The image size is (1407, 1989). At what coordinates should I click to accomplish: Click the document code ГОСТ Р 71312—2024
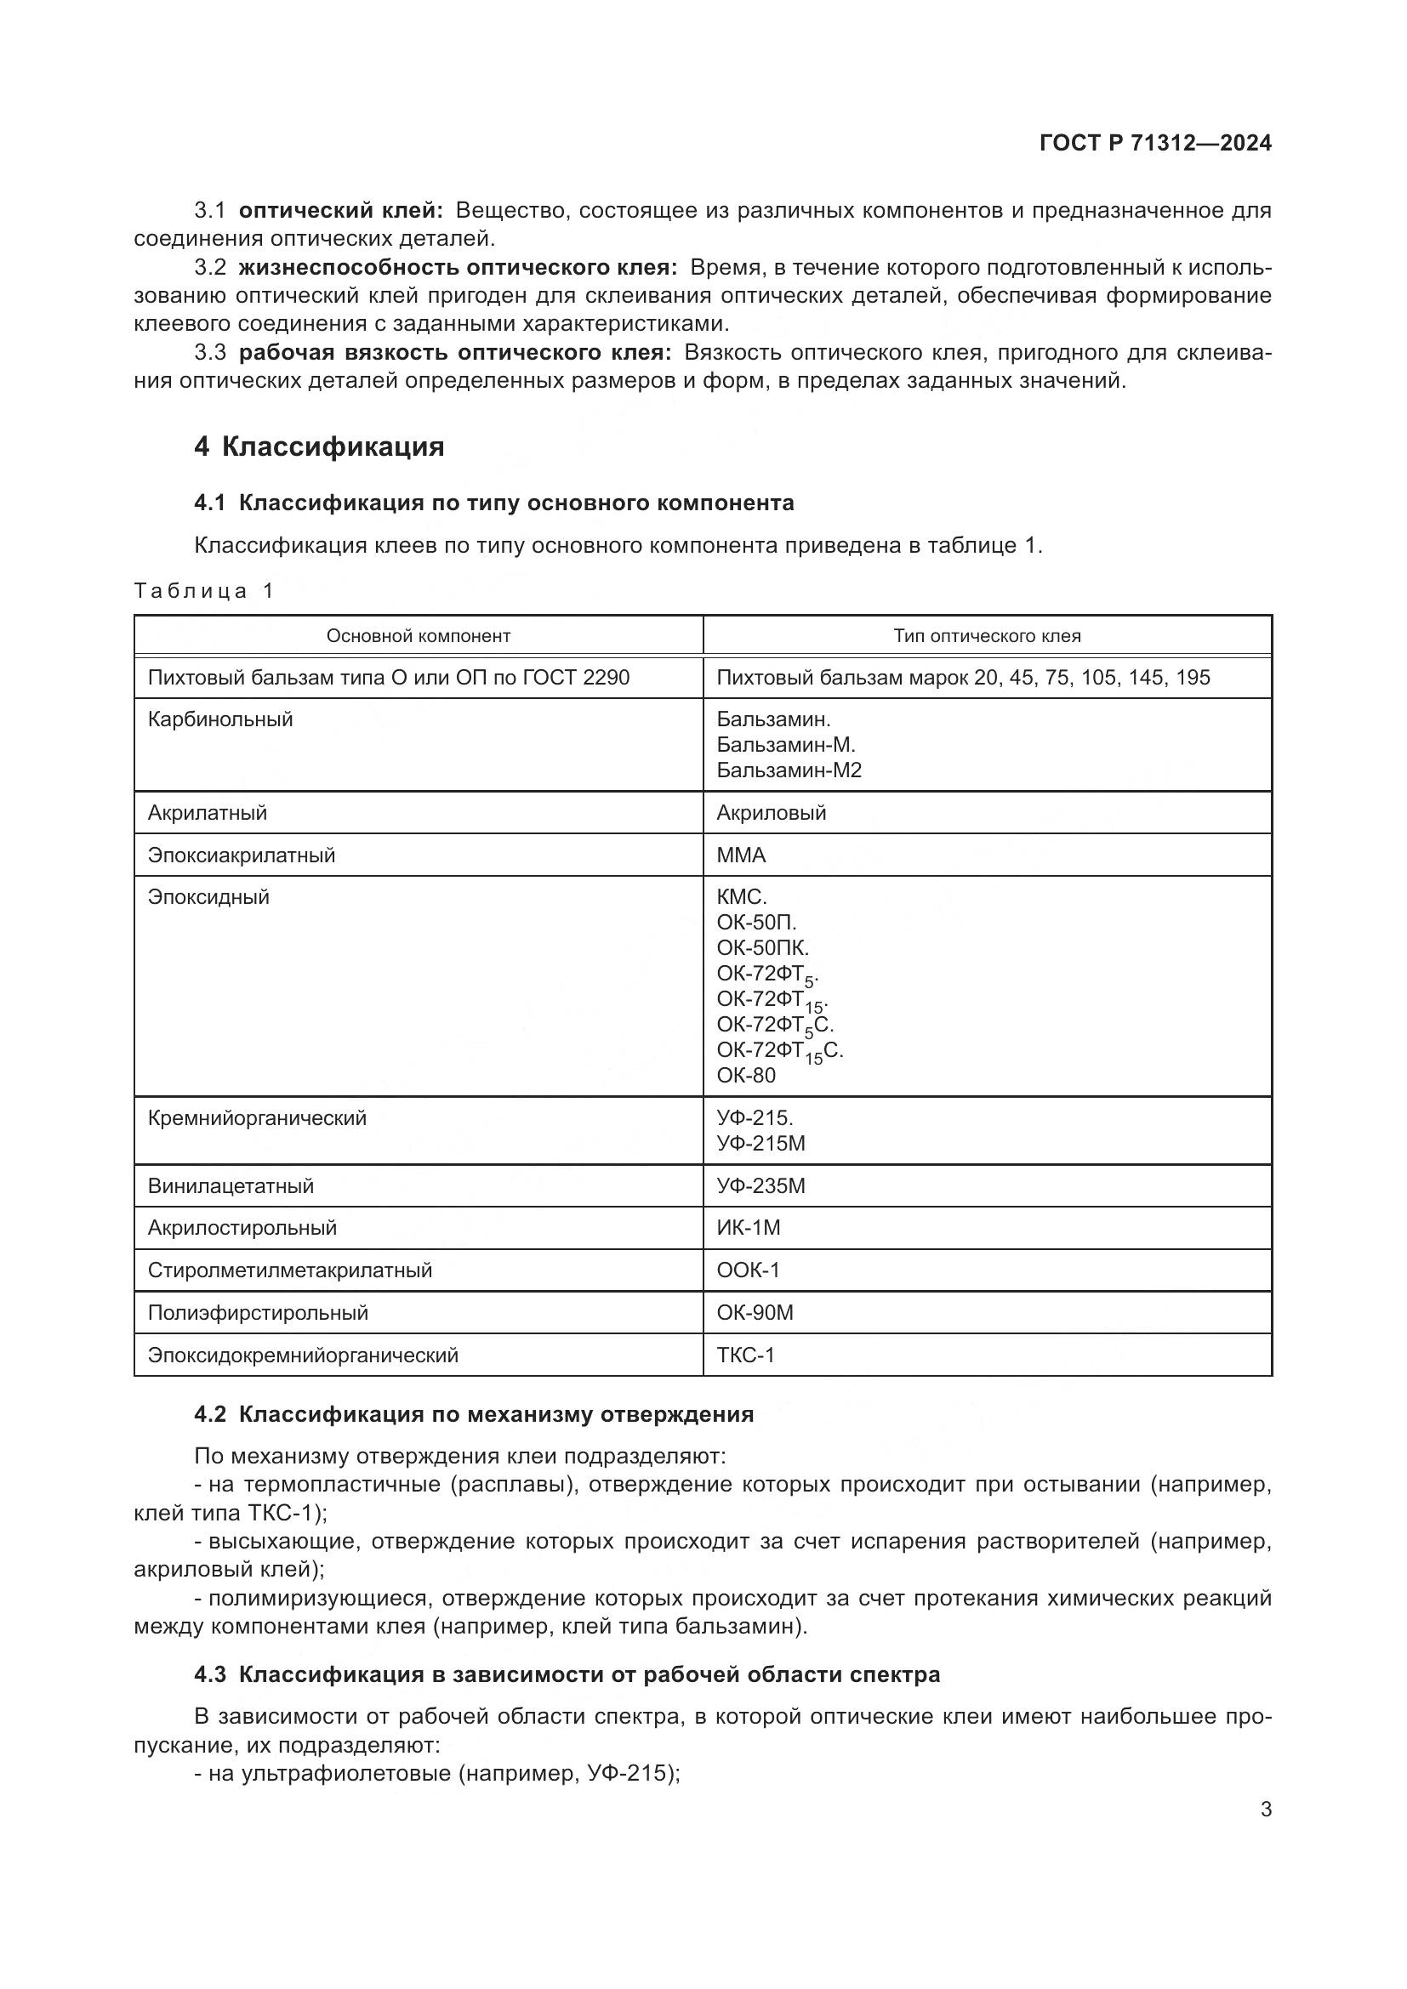click(x=1155, y=143)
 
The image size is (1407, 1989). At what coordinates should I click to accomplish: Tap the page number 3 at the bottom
click(x=1266, y=1809)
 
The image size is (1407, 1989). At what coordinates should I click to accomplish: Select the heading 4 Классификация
click(x=320, y=447)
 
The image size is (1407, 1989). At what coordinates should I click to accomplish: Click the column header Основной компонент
click(x=419, y=636)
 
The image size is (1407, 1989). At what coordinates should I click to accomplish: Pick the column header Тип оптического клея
click(x=987, y=636)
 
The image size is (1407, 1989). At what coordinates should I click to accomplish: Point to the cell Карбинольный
click(x=220, y=719)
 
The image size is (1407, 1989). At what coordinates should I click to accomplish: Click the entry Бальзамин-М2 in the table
click(x=789, y=770)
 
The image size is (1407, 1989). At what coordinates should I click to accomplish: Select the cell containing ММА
click(x=741, y=855)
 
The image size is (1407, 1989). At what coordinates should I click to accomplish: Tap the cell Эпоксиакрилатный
click(x=241, y=855)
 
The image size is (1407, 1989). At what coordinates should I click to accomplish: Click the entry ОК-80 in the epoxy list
click(x=746, y=1075)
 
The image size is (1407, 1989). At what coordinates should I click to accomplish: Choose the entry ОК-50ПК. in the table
click(x=762, y=947)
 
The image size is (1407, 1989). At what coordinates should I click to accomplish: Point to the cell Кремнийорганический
click(x=256, y=1118)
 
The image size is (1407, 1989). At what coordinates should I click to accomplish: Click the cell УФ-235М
click(x=760, y=1186)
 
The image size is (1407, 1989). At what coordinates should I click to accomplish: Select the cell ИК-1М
click(x=749, y=1228)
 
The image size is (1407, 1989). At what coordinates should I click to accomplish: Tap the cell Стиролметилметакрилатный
click(x=289, y=1270)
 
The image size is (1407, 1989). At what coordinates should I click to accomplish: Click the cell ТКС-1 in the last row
click(x=745, y=1355)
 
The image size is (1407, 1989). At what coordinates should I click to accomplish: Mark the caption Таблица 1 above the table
click(x=203, y=591)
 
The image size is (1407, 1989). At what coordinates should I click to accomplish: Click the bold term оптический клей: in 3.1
click(x=340, y=211)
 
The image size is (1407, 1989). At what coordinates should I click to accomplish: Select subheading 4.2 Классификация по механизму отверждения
click(x=474, y=1415)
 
